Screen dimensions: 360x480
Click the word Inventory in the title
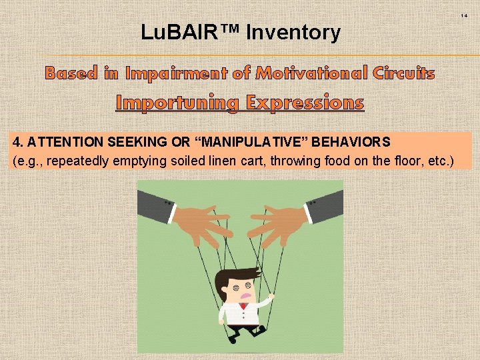[293, 32]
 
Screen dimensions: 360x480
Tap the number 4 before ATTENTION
[16, 142]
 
